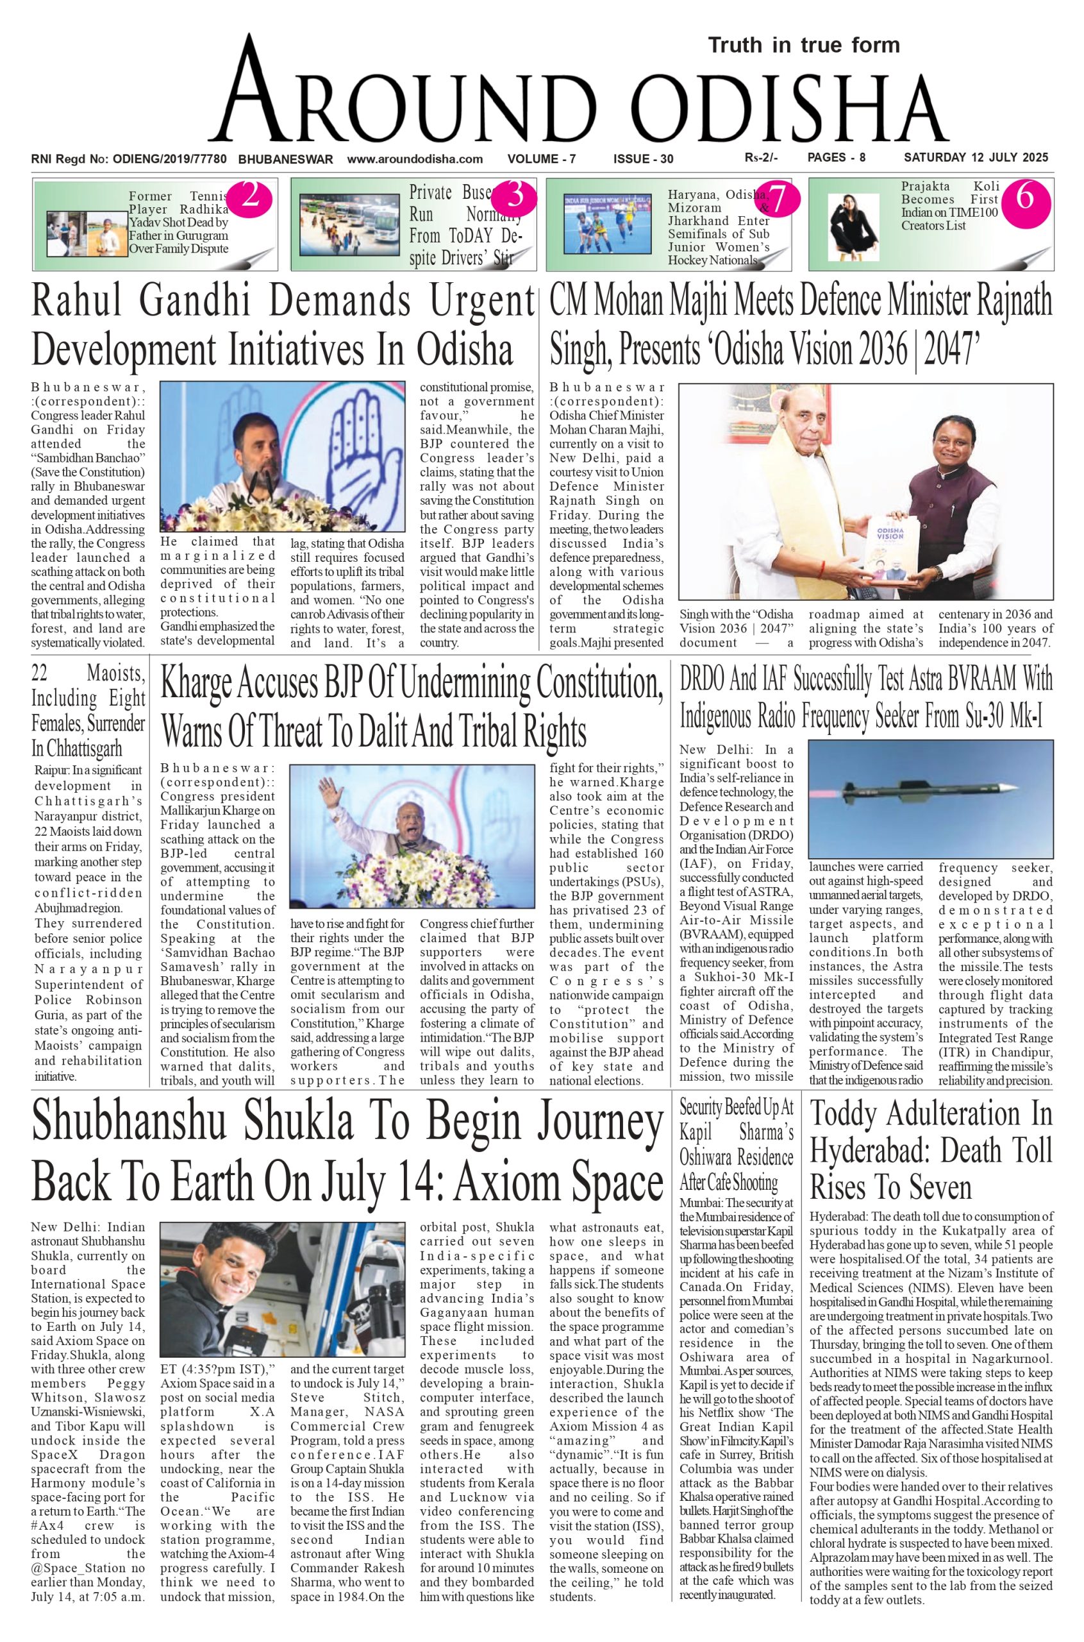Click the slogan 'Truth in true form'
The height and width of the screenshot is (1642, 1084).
coord(803,46)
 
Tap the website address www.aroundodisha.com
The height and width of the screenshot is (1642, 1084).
coord(415,159)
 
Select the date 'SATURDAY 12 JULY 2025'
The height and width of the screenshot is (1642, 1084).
coord(976,158)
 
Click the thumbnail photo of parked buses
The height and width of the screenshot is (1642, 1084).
coord(349,224)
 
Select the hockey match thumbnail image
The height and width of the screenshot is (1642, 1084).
coord(607,224)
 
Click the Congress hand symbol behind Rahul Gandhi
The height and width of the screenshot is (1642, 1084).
coord(365,443)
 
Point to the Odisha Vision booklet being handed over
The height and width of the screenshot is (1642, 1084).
coord(892,550)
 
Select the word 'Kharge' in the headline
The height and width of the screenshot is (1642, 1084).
coord(196,683)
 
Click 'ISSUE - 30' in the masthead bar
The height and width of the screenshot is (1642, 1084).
coord(643,159)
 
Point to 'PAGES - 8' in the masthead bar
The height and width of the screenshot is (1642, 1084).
coord(836,158)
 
